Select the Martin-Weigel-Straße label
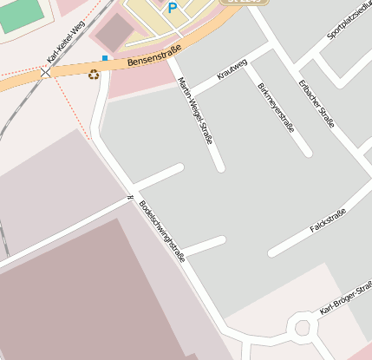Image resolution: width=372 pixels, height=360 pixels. click(x=194, y=110)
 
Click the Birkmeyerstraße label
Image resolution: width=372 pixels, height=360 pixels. click(x=277, y=107)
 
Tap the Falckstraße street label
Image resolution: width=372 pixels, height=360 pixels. click(x=328, y=221)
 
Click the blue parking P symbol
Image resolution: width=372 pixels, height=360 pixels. click(x=173, y=8)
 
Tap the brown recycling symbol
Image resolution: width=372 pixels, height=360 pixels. click(x=94, y=75)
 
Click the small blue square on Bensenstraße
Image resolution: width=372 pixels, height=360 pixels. click(x=105, y=58)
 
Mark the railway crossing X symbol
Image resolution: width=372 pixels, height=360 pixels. click(x=45, y=72)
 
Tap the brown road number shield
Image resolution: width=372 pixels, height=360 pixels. click(x=242, y=3)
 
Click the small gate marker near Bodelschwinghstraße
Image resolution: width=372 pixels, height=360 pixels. click(x=129, y=199)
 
